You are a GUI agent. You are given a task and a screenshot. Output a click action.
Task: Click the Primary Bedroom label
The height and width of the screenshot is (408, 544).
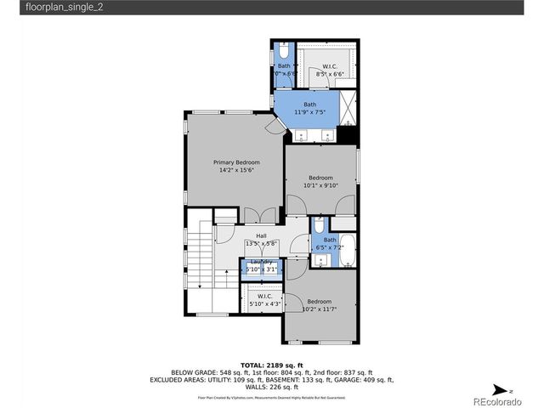[235, 161]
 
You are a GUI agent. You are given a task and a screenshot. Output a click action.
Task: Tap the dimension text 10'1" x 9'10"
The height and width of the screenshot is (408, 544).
[320, 185]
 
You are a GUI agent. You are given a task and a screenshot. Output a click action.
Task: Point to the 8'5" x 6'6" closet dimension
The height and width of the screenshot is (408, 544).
[330, 74]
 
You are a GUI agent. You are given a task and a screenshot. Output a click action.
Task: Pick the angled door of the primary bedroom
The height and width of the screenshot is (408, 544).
[274, 126]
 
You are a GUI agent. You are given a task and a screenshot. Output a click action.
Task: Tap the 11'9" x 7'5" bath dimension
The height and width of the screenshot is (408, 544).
[309, 112]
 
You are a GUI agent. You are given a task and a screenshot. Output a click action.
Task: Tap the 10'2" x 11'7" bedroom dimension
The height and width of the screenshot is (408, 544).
[320, 309]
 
